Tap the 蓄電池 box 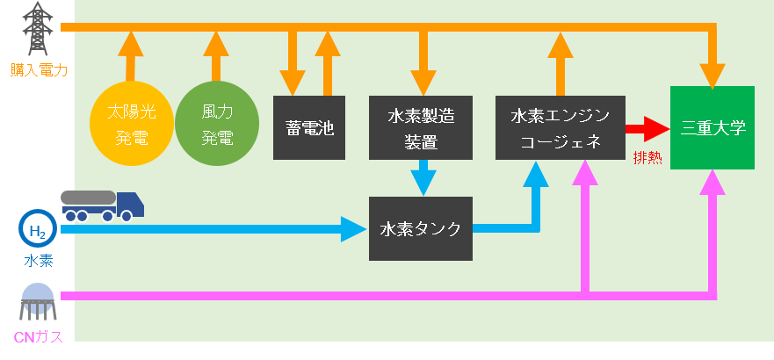[x=309, y=127]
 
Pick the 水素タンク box [x=421, y=228]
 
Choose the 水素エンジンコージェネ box [x=560, y=127]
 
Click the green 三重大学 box [x=713, y=128]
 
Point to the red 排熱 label [x=647, y=158]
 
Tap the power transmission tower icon [x=36, y=29]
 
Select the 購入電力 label [x=38, y=68]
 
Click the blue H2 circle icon [x=37, y=230]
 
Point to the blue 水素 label [x=38, y=261]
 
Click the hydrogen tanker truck [x=102, y=205]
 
